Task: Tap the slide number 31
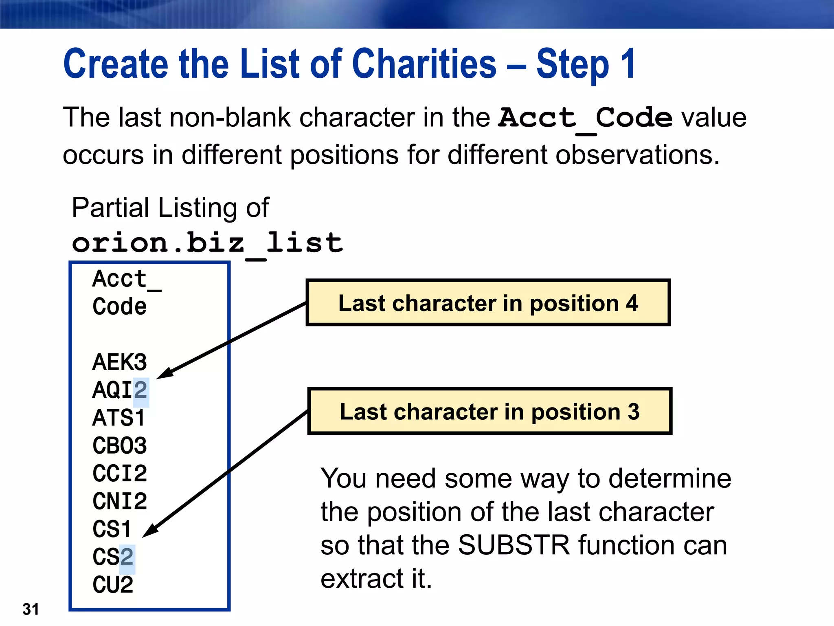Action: point(31,609)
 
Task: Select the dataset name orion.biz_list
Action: point(207,243)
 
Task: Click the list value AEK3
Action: point(119,362)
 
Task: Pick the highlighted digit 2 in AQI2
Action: point(141,390)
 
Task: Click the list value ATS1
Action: point(119,418)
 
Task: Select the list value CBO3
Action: point(119,446)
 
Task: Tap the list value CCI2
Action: point(119,474)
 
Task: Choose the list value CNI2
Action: point(119,501)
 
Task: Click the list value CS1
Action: point(112,529)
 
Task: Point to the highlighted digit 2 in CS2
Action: point(127,557)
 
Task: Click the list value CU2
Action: point(112,585)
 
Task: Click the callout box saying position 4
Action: point(488,303)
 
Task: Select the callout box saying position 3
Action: point(489,411)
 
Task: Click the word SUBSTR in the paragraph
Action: point(514,545)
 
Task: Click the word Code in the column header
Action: point(119,306)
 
